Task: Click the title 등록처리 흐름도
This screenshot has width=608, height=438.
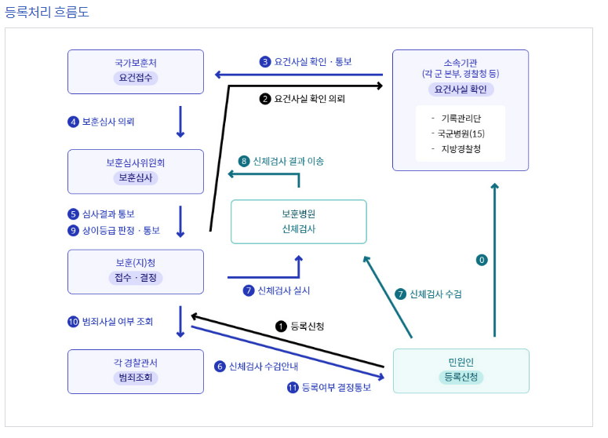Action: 46,13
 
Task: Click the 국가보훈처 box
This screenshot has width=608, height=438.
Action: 136,71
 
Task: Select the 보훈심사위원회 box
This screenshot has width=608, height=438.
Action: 136,171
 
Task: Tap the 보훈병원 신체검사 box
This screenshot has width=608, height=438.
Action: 298,221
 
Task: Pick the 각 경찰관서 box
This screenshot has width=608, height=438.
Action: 136,371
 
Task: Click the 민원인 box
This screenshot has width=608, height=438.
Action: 461,370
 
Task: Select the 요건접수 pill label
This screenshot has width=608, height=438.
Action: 136,78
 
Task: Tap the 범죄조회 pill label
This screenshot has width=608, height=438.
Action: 136,378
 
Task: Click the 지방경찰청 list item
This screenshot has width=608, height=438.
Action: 461,148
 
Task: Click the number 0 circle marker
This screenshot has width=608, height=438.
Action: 482,259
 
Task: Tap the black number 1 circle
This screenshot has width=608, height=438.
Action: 280,325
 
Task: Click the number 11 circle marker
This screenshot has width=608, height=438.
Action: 293,387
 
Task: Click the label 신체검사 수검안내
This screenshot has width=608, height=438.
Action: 263,366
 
